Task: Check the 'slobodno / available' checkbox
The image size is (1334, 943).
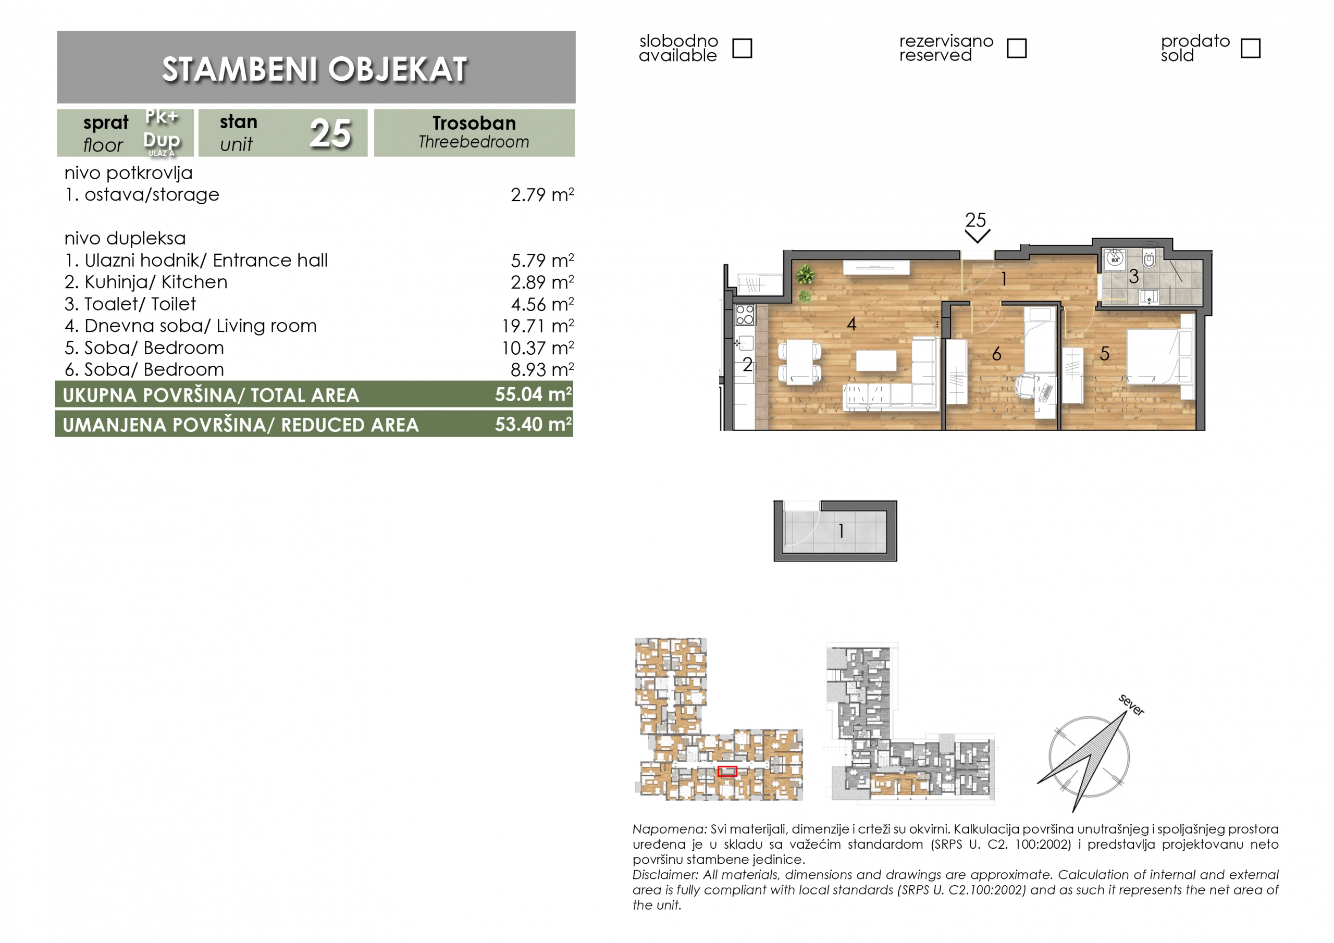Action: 742,48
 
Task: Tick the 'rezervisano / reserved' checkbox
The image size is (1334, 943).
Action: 1016,48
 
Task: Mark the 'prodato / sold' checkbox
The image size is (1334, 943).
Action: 1250,48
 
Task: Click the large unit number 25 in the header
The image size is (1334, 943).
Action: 330,134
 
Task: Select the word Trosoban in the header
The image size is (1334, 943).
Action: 474,123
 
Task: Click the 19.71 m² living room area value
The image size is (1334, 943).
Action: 538,326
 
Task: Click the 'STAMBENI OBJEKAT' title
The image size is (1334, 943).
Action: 315,70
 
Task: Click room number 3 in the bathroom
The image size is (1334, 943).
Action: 1133,277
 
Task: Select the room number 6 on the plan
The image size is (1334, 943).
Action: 996,354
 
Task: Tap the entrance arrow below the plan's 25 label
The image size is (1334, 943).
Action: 977,236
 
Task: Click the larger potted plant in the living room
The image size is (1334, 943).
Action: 805,274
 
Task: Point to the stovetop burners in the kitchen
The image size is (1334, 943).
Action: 744,314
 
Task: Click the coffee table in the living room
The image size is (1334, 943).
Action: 876,360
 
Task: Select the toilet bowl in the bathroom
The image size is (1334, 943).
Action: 1148,258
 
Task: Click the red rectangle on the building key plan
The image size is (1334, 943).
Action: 727,772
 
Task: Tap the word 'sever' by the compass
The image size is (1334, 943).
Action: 1131,705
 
